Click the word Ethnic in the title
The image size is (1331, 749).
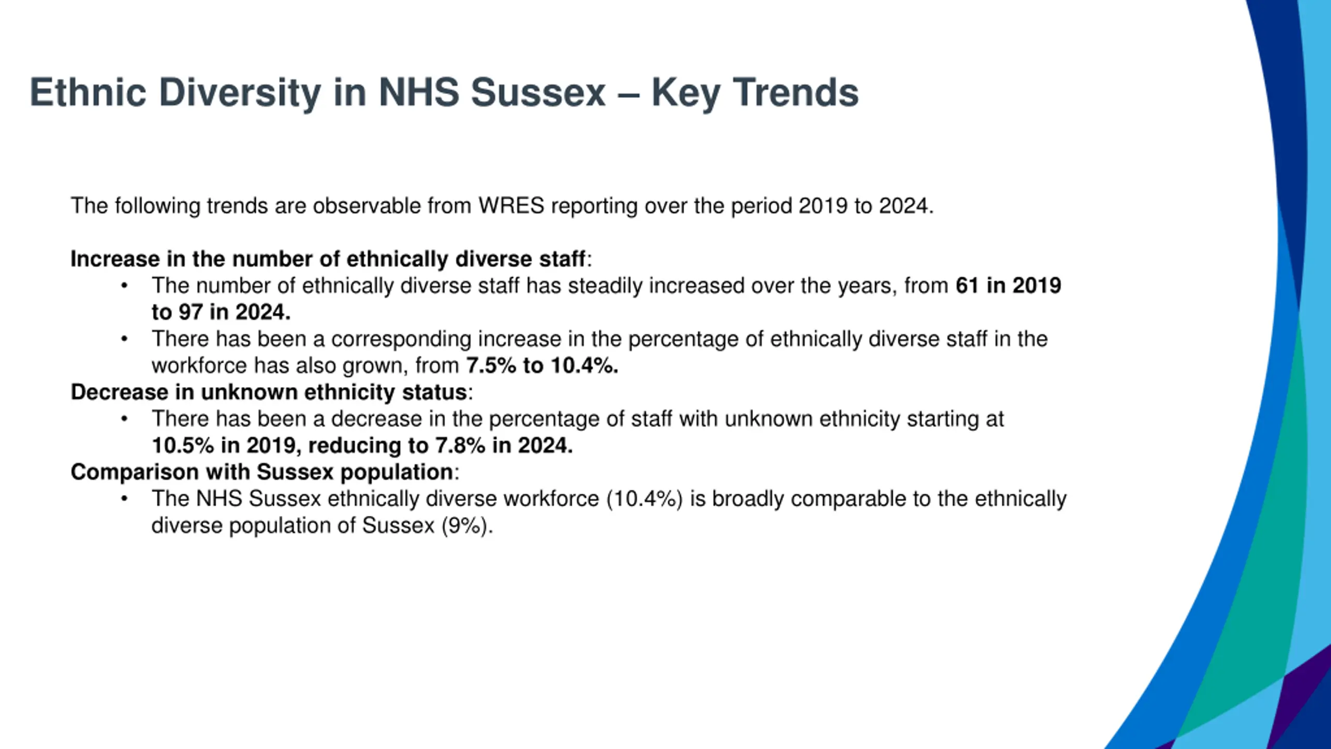(x=87, y=93)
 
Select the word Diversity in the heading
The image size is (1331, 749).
(x=240, y=93)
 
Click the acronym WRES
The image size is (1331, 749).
(x=511, y=206)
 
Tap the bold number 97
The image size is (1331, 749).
(x=190, y=312)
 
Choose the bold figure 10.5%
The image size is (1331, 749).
(x=182, y=445)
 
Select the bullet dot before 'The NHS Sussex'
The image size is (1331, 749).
(x=124, y=498)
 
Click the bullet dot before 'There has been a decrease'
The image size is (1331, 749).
(x=124, y=419)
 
